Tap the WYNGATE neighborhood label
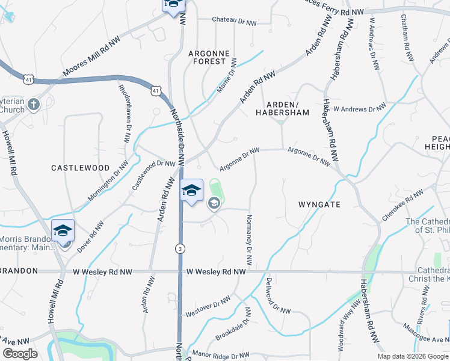tap(319, 205)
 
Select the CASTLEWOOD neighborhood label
tap(80, 168)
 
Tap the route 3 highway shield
tap(179, 248)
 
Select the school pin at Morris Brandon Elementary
tap(63, 232)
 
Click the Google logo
tap(20, 354)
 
